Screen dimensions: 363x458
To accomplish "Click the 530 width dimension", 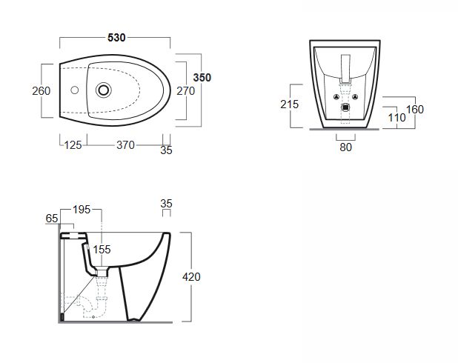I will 115,37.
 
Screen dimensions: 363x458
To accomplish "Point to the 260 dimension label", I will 42,90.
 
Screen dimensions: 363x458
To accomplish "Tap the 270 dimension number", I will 186,90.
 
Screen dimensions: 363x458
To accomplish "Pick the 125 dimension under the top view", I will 72,145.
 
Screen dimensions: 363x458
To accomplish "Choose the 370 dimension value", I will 125,145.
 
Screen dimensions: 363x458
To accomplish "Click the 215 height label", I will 290,104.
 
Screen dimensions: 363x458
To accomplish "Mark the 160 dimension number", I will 415,109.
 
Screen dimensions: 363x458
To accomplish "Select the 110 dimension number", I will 396,117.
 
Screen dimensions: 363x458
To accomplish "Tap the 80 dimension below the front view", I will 345,147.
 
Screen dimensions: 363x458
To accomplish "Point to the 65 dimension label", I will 52,218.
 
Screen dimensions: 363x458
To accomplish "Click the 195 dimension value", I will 82,210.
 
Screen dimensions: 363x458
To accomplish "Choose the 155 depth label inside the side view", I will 102,250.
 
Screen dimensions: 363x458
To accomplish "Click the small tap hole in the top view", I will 73,91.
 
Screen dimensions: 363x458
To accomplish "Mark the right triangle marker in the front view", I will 355,97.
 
